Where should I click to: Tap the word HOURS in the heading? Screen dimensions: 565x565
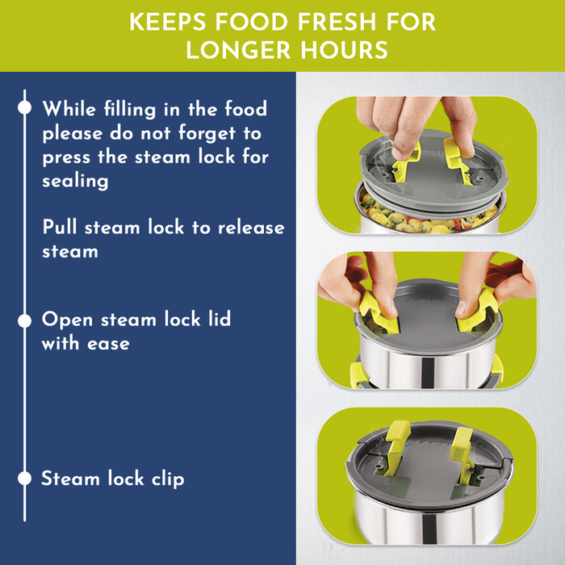[x=345, y=50]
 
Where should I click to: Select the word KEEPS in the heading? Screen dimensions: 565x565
[x=168, y=22]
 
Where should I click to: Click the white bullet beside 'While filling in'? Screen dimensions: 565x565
[x=24, y=107]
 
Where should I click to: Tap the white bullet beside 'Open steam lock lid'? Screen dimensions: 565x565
[x=24, y=320]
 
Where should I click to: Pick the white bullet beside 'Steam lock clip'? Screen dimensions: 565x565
[x=24, y=478]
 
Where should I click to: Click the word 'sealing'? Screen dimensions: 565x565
[x=75, y=182]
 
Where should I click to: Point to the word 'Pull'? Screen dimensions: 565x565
[x=60, y=227]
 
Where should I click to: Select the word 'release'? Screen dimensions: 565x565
[x=251, y=228]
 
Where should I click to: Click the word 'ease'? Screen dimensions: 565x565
[x=108, y=344]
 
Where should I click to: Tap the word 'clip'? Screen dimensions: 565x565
[x=168, y=479]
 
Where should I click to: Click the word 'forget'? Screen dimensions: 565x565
[x=207, y=134]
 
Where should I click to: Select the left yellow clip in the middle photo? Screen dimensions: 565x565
[x=379, y=313]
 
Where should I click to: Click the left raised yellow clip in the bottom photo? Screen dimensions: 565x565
[x=397, y=447]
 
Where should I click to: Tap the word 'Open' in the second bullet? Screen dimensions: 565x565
[x=67, y=320]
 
